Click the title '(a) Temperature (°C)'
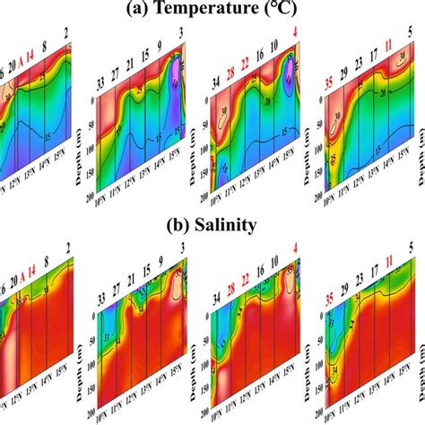pos(212,10)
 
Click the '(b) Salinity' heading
pos(212,224)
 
